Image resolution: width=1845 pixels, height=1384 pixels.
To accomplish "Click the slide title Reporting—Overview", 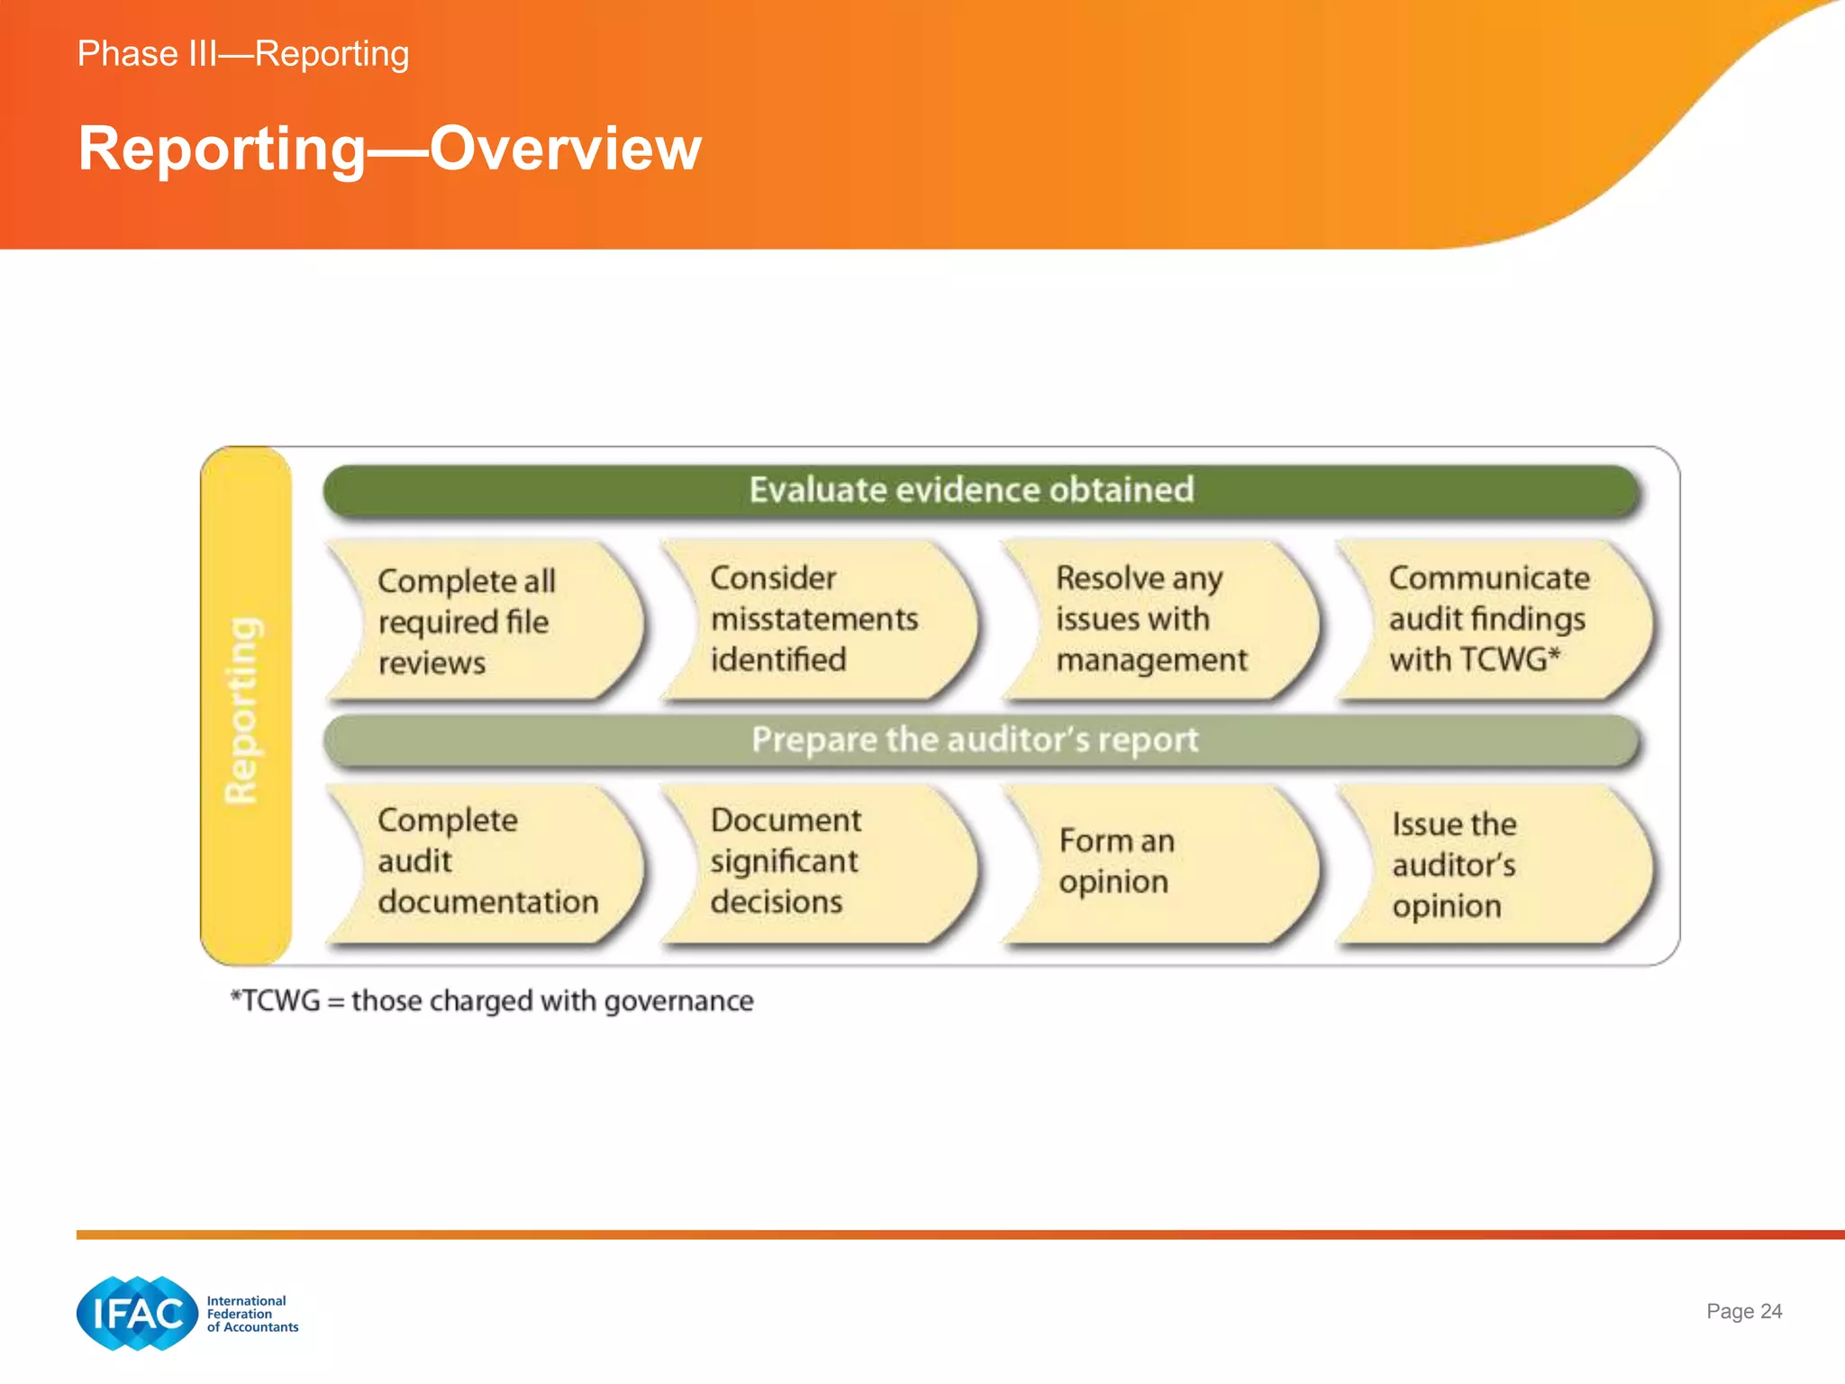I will click(389, 149).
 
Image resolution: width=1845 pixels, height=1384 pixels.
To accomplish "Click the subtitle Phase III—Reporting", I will click(243, 54).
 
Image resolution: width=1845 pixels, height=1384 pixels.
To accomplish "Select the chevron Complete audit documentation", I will click(486, 862).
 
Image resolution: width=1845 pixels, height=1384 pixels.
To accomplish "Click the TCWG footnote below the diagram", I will click(492, 1001).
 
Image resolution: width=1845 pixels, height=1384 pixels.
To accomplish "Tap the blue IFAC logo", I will click(137, 1314).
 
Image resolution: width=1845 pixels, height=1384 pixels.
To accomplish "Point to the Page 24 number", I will click(1744, 1311).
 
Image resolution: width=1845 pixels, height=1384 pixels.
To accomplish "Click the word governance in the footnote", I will click(678, 1001).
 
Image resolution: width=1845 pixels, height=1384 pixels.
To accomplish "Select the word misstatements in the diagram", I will click(814, 620).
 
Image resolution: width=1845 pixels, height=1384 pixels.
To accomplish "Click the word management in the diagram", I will click(1151, 660).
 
